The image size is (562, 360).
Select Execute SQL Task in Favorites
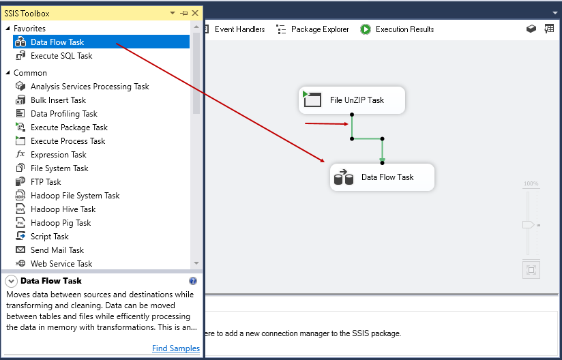click(61, 56)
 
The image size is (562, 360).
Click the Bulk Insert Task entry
click(58, 100)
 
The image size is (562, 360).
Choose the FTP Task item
click(46, 182)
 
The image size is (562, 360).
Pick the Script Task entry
click(50, 237)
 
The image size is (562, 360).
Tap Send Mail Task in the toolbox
click(57, 250)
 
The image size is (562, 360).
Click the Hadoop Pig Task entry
click(61, 223)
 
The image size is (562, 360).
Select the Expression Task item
click(59, 155)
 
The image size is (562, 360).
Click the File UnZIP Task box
click(352, 100)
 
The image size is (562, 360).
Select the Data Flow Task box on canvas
click(382, 177)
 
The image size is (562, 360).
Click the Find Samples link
click(176, 348)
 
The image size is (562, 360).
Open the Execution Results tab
click(398, 29)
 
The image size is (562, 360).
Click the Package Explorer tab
click(312, 29)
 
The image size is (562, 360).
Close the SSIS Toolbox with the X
click(195, 13)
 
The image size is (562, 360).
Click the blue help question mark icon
click(193, 281)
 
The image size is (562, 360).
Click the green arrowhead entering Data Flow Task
click(383, 160)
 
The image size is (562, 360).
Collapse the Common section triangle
click(8, 73)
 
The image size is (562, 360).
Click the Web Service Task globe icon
click(20, 264)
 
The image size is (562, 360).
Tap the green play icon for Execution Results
click(366, 29)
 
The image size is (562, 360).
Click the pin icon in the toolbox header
click(184, 13)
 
